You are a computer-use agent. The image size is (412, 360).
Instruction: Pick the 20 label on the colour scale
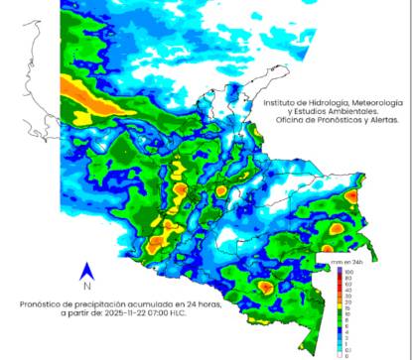click(348, 302)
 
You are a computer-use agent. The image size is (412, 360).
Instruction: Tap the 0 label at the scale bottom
click(347, 354)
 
